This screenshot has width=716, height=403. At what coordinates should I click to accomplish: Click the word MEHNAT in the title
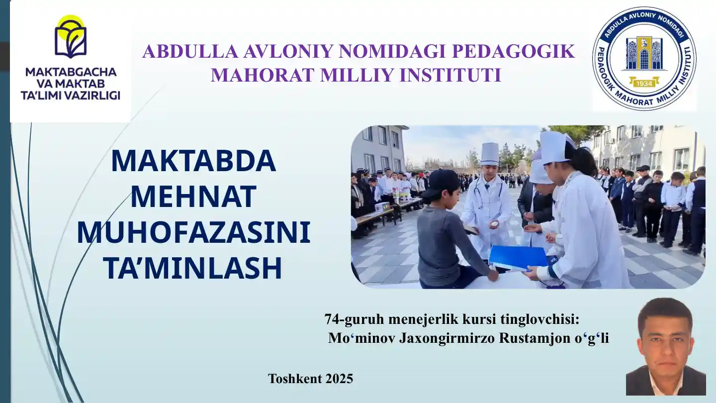(x=193, y=197)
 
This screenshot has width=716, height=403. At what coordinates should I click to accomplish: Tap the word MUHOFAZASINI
(x=193, y=232)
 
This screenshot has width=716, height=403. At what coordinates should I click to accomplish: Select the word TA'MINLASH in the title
(x=193, y=268)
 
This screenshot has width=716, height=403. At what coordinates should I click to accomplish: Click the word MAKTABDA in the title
(x=193, y=161)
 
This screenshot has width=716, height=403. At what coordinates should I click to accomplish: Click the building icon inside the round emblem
(x=644, y=54)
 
